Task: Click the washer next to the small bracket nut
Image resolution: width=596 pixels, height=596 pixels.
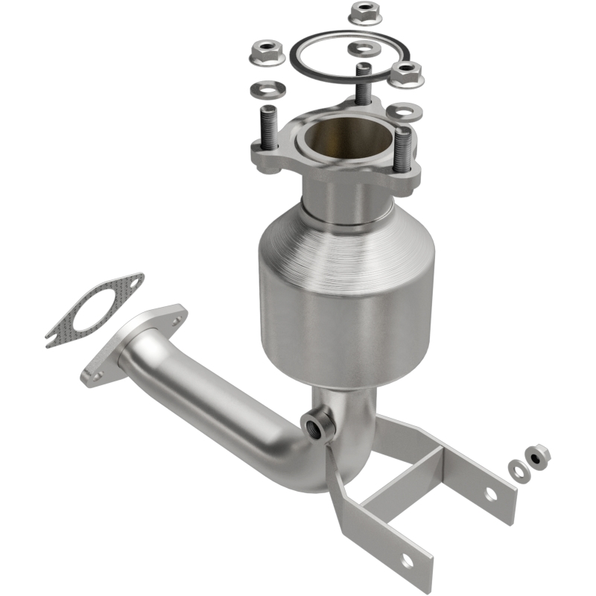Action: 516,469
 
